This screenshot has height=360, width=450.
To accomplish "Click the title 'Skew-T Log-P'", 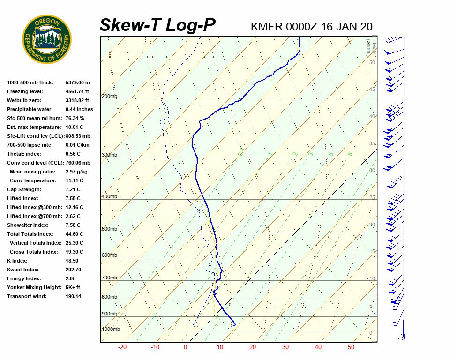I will [x=157, y=25].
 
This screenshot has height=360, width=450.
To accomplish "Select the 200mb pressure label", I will [x=109, y=97].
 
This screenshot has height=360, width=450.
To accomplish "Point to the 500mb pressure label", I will [x=109, y=229].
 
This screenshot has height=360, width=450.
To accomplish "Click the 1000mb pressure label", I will [x=111, y=330].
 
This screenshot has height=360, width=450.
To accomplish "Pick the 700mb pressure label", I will [x=109, y=278].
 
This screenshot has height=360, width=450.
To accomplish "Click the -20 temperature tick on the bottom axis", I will [x=122, y=347].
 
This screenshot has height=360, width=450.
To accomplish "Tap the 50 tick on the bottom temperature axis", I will [x=351, y=347].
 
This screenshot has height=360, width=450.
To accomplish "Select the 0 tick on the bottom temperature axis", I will [x=185, y=347].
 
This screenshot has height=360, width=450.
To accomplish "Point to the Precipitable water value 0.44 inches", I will [x=79, y=109].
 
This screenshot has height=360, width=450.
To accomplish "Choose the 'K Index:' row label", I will [x=17, y=261].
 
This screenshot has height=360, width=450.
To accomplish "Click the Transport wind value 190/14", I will [x=74, y=296].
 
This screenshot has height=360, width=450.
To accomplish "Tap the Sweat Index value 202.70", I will [x=74, y=270].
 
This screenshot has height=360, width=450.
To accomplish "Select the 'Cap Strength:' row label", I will [x=24, y=189].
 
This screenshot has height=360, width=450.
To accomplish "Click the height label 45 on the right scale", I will [x=372, y=89].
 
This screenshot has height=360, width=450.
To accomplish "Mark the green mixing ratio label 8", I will [x=350, y=154].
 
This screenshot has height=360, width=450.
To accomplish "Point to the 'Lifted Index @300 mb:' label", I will [x=32, y=207].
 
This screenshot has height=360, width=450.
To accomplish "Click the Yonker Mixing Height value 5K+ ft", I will [x=73, y=287].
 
